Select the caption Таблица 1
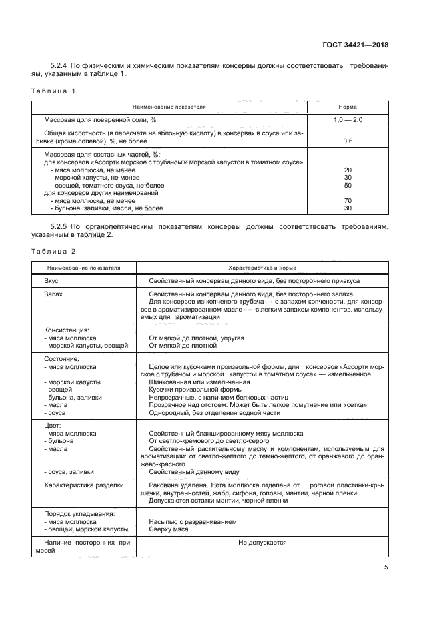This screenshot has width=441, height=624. [54, 90]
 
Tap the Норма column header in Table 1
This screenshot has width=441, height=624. [347, 107]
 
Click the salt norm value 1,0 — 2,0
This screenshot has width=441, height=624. [347, 119]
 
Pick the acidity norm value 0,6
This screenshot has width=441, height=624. [347, 141]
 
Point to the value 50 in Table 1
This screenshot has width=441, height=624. [347, 185]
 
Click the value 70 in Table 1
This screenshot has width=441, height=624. [347, 200]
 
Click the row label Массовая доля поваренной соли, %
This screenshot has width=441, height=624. [99, 119]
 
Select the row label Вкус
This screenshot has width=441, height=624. [51, 281]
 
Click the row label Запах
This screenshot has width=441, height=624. [53, 294]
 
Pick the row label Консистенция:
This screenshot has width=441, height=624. [67, 330]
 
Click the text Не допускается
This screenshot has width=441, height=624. [262, 543]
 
